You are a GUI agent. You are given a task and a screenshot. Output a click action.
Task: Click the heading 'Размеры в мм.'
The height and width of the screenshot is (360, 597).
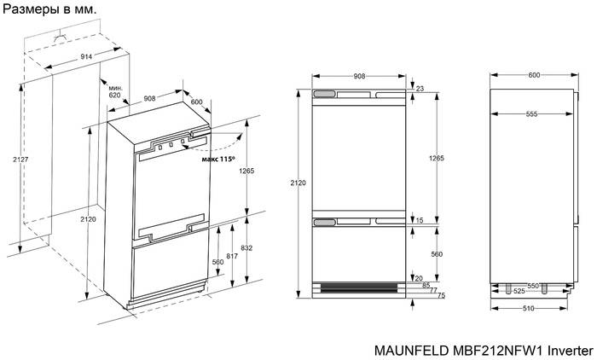pyautogui.click(x=50, y=9)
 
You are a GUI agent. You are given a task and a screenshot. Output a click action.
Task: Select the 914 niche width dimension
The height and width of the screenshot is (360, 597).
pyautogui.click(x=76, y=55)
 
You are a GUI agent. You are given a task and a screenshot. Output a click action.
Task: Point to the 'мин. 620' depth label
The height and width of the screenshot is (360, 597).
pyautogui.click(x=115, y=91)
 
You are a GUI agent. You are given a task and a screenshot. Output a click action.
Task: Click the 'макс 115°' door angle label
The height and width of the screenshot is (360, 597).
pyautogui.click(x=217, y=159)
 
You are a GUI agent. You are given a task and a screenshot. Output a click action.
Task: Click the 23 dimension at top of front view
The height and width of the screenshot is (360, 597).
pyautogui.click(x=419, y=89)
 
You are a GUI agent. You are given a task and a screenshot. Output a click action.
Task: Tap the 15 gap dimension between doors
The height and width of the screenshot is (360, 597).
pyautogui.click(x=419, y=221)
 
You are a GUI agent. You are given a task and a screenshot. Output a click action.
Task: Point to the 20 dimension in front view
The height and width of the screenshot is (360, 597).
pyautogui.click(x=419, y=277)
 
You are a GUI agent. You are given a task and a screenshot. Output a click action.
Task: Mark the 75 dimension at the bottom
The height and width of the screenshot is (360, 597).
pyautogui.click(x=440, y=295)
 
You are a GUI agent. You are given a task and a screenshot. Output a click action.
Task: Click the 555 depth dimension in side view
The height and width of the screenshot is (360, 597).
pyautogui.click(x=532, y=113)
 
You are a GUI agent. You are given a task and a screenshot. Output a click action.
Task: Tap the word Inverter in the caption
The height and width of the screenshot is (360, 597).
pyautogui.click(x=569, y=349)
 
